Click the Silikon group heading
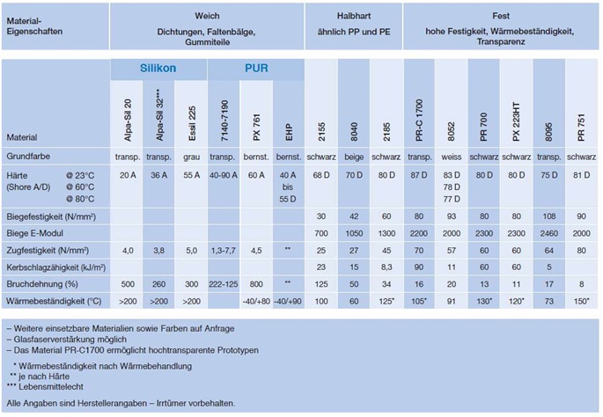click(x=158, y=69)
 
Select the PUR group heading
click(x=255, y=69)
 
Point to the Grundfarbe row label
click(x=31, y=155)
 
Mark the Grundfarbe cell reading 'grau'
click(x=191, y=155)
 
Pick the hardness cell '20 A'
click(x=127, y=174)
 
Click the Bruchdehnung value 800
click(x=256, y=282)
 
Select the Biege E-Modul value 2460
click(x=548, y=233)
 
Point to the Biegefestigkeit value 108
click(x=548, y=216)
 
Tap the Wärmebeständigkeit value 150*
click(x=580, y=301)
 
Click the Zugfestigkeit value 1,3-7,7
click(x=224, y=250)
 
